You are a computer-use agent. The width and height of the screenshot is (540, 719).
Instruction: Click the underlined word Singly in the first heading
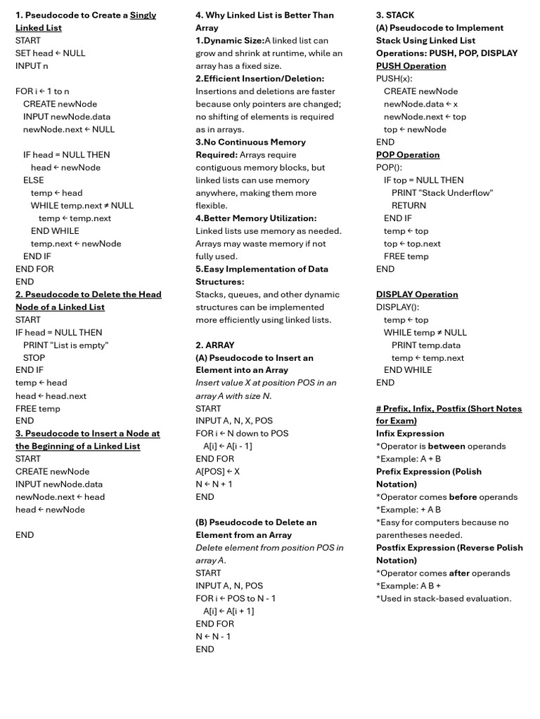(x=143, y=15)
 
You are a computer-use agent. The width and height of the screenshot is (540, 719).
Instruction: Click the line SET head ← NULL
(x=51, y=53)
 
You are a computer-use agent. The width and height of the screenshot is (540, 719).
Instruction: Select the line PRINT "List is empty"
(x=66, y=345)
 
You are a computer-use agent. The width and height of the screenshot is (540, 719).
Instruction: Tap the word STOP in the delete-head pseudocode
(x=34, y=357)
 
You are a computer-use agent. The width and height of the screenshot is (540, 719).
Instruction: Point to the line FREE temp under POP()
(x=406, y=256)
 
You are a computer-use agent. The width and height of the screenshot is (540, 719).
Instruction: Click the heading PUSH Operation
(x=411, y=65)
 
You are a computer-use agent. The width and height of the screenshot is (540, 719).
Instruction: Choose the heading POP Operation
(x=408, y=154)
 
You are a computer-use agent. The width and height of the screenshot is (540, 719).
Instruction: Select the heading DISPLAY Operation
(x=417, y=294)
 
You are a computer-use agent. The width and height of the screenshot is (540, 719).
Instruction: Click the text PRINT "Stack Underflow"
(x=442, y=192)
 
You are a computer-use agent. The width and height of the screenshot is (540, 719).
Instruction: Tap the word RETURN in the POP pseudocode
(x=409, y=205)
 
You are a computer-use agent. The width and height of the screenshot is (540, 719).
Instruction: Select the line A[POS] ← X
(x=217, y=471)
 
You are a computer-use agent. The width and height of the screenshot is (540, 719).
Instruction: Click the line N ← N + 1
(x=214, y=484)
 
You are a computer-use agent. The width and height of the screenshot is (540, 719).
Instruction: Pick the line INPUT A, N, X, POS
(x=234, y=421)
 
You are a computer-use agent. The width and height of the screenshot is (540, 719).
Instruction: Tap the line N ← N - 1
(x=213, y=636)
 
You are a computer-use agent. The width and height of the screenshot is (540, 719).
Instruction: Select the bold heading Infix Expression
(x=410, y=433)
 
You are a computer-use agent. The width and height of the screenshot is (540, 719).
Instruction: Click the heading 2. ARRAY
(x=215, y=345)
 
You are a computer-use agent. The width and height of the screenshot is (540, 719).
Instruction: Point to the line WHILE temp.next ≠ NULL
(x=82, y=205)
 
